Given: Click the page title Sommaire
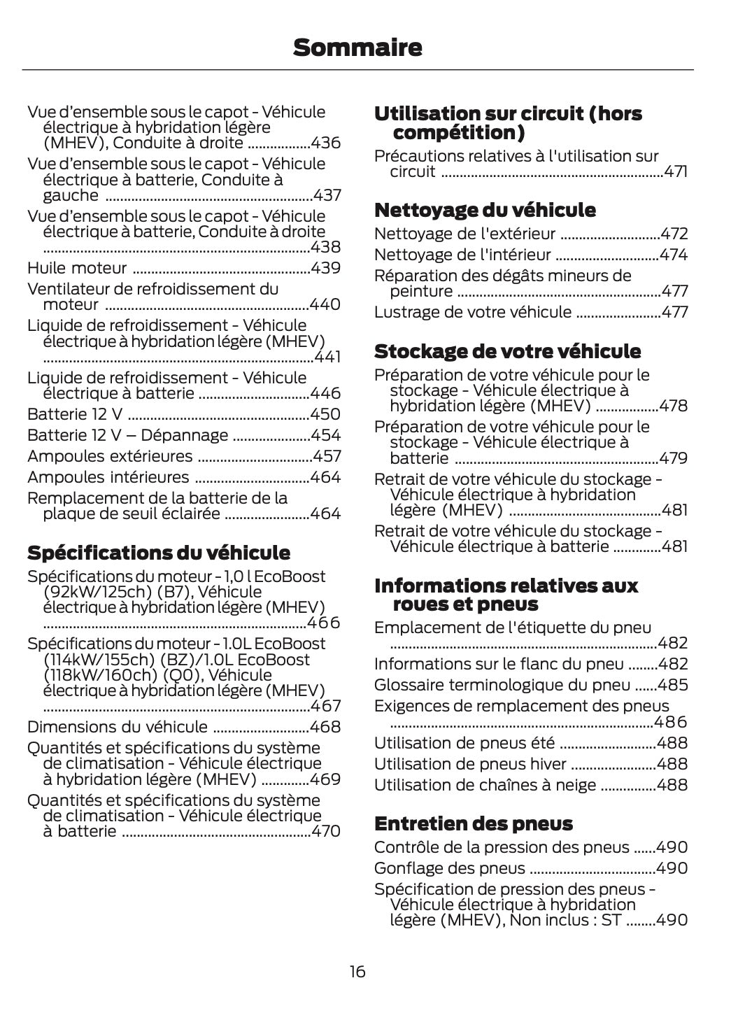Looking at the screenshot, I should [x=357, y=48].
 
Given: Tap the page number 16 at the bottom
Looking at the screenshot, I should [x=357, y=971].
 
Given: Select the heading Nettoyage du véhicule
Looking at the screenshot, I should [x=485, y=210].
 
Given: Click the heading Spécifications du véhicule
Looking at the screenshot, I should [x=158, y=553].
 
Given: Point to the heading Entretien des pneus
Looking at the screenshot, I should [x=473, y=823].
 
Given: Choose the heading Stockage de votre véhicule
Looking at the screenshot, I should [x=507, y=350].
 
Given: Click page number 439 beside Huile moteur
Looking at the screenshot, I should [x=325, y=268].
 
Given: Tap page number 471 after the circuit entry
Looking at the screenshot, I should [x=675, y=172].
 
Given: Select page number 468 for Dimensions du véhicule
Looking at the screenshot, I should [x=325, y=727].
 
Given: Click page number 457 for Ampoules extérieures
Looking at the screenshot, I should [x=326, y=456].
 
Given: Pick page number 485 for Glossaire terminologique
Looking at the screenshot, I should [x=672, y=685].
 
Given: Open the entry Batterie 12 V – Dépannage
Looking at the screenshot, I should [x=127, y=435].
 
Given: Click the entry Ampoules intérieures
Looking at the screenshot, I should [x=108, y=477].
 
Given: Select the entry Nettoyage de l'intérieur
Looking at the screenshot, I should [x=462, y=255].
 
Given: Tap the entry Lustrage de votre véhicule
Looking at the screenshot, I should [x=472, y=312].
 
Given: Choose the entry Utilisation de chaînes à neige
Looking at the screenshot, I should [x=485, y=785].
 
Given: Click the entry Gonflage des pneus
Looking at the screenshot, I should [x=449, y=868].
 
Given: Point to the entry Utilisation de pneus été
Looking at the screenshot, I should [x=464, y=743].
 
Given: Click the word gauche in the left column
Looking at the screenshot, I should [x=71, y=195].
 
